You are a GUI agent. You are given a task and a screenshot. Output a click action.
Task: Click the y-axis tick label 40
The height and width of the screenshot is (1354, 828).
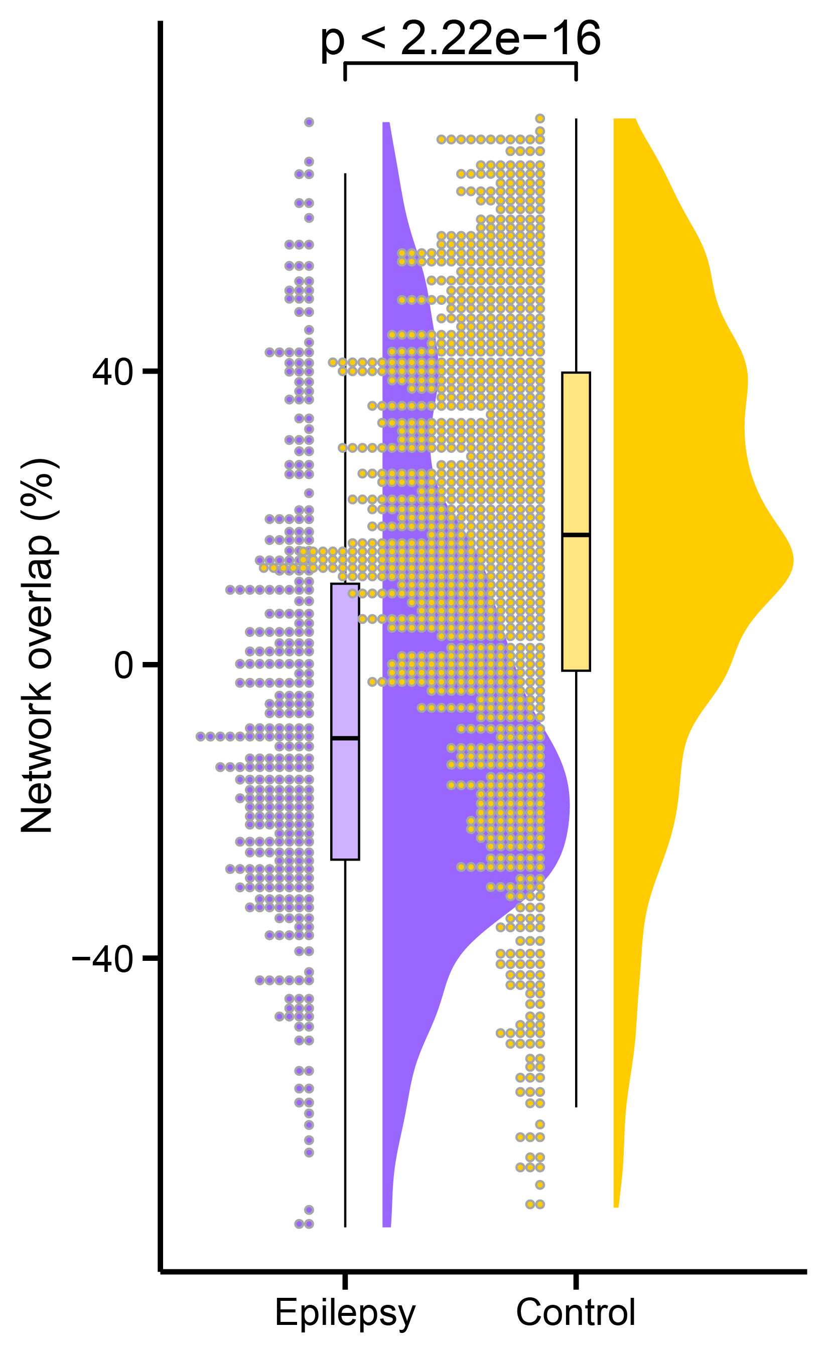tap(113, 373)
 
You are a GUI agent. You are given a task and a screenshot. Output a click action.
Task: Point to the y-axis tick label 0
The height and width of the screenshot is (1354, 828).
tap(124, 665)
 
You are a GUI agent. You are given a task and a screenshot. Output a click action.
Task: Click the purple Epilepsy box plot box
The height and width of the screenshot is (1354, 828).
tap(345, 797)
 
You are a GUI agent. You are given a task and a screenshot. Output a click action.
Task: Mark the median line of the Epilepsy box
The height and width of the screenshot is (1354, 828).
tap(345, 738)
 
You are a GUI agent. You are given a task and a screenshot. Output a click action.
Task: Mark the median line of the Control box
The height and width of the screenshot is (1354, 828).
tap(576, 534)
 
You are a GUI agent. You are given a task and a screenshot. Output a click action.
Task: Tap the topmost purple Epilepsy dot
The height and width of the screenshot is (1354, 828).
tap(309, 122)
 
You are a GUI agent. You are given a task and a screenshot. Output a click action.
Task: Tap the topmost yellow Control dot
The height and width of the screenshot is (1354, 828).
tap(540, 118)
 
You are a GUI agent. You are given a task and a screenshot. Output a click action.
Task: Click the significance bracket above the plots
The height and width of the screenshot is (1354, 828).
tap(460, 64)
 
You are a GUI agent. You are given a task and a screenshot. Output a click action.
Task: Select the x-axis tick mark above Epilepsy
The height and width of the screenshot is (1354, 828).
tap(345, 1280)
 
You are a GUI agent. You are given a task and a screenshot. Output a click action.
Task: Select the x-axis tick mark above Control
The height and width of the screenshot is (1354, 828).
tap(576, 1280)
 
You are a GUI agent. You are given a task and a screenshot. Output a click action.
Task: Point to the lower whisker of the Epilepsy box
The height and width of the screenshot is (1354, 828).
tap(345, 1044)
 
